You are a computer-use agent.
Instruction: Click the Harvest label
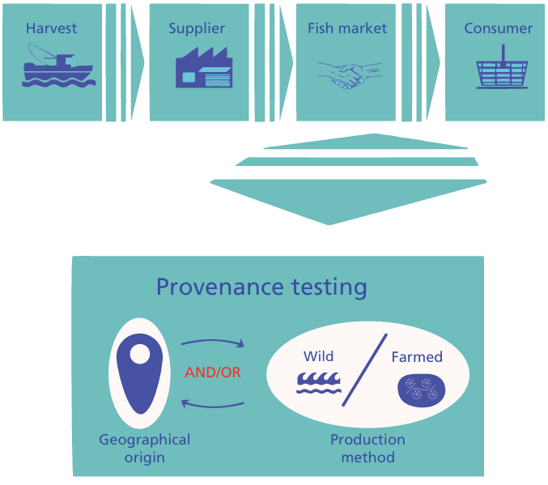pyautogui.click(x=51, y=28)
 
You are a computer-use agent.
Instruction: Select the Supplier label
pyautogui.click(x=196, y=28)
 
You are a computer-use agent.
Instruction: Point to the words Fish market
pyautogui.click(x=347, y=28)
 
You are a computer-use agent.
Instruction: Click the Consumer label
pyautogui.click(x=498, y=28)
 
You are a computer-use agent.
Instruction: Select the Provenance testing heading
pyautogui.click(x=261, y=287)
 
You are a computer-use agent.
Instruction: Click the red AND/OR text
pyautogui.click(x=213, y=372)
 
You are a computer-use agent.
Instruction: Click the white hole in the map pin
pyautogui.click(x=139, y=355)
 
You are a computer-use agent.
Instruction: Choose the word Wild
pyautogui.click(x=318, y=356)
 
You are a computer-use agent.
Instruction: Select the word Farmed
pyautogui.click(x=417, y=356)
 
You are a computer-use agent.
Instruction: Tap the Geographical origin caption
pyautogui.click(x=144, y=449)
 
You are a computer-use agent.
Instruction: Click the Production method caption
pyautogui.click(x=367, y=449)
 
